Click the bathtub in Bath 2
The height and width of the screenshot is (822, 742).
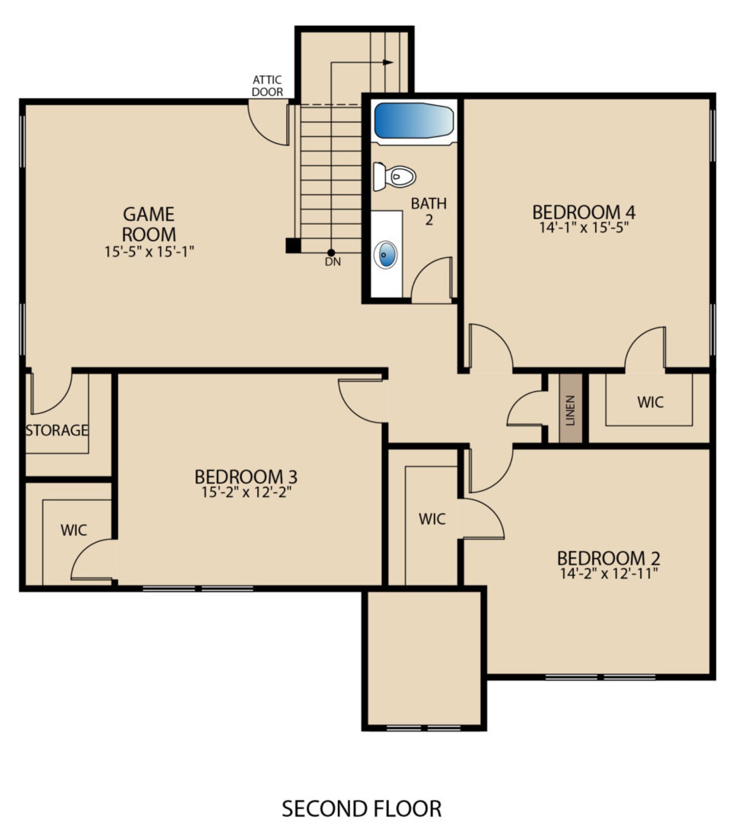pyautogui.click(x=414, y=121)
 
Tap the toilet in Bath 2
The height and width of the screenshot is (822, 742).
pyautogui.click(x=394, y=177)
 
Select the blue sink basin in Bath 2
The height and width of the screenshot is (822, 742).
pyautogui.click(x=385, y=254)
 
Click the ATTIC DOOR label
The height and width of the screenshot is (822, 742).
pyautogui.click(x=268, y=85)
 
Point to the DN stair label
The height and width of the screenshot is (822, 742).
pyautogui.click(x=333, y=262)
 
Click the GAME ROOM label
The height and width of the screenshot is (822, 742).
pyautogui.click(x=149, y=224)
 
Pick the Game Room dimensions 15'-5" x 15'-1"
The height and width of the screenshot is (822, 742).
pyautogui.click(x=149, y=252)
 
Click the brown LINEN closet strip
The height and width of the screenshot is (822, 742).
pyautogui.click(x=570, y=408)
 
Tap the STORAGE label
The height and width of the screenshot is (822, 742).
pyautogui.click(x=57, y=430)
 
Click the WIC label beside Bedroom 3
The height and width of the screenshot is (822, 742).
pyautogui.click(x=74, y=530)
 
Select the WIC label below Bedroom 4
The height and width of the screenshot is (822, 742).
pyautogui.click(x=651, y=402)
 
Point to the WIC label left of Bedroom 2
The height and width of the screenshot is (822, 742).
pyautogui.click(x=432, y=519)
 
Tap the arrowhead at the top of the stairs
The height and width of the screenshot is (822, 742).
pyautogui.click(x=388, y=62)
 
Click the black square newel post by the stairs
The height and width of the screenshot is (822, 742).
pyautogui.click(x=293, y=246)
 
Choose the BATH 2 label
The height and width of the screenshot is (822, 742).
pyautogui.click(x=428, y=211)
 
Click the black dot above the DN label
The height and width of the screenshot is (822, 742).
pyautogui.click(x=331, y=253)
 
